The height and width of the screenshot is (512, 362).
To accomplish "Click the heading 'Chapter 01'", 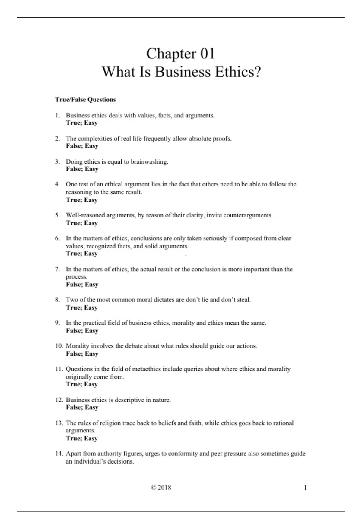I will [180, 54].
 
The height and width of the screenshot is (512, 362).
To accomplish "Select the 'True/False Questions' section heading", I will [85, 100].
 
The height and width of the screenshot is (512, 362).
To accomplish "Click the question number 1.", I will [57, 115].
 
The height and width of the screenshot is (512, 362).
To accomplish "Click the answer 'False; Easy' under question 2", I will [82, 146].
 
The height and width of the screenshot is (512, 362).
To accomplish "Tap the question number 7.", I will [57, 269].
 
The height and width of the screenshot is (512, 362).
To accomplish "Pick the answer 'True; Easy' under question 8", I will [82, 308].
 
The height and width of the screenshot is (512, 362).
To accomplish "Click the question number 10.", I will [59, 346].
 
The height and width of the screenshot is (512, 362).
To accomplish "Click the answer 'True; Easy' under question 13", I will [82, 439].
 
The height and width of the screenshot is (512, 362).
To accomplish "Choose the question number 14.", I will [59, 454].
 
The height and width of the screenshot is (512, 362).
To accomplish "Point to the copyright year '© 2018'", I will [161, 488].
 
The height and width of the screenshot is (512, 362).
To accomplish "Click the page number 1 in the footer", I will [305, 488].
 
